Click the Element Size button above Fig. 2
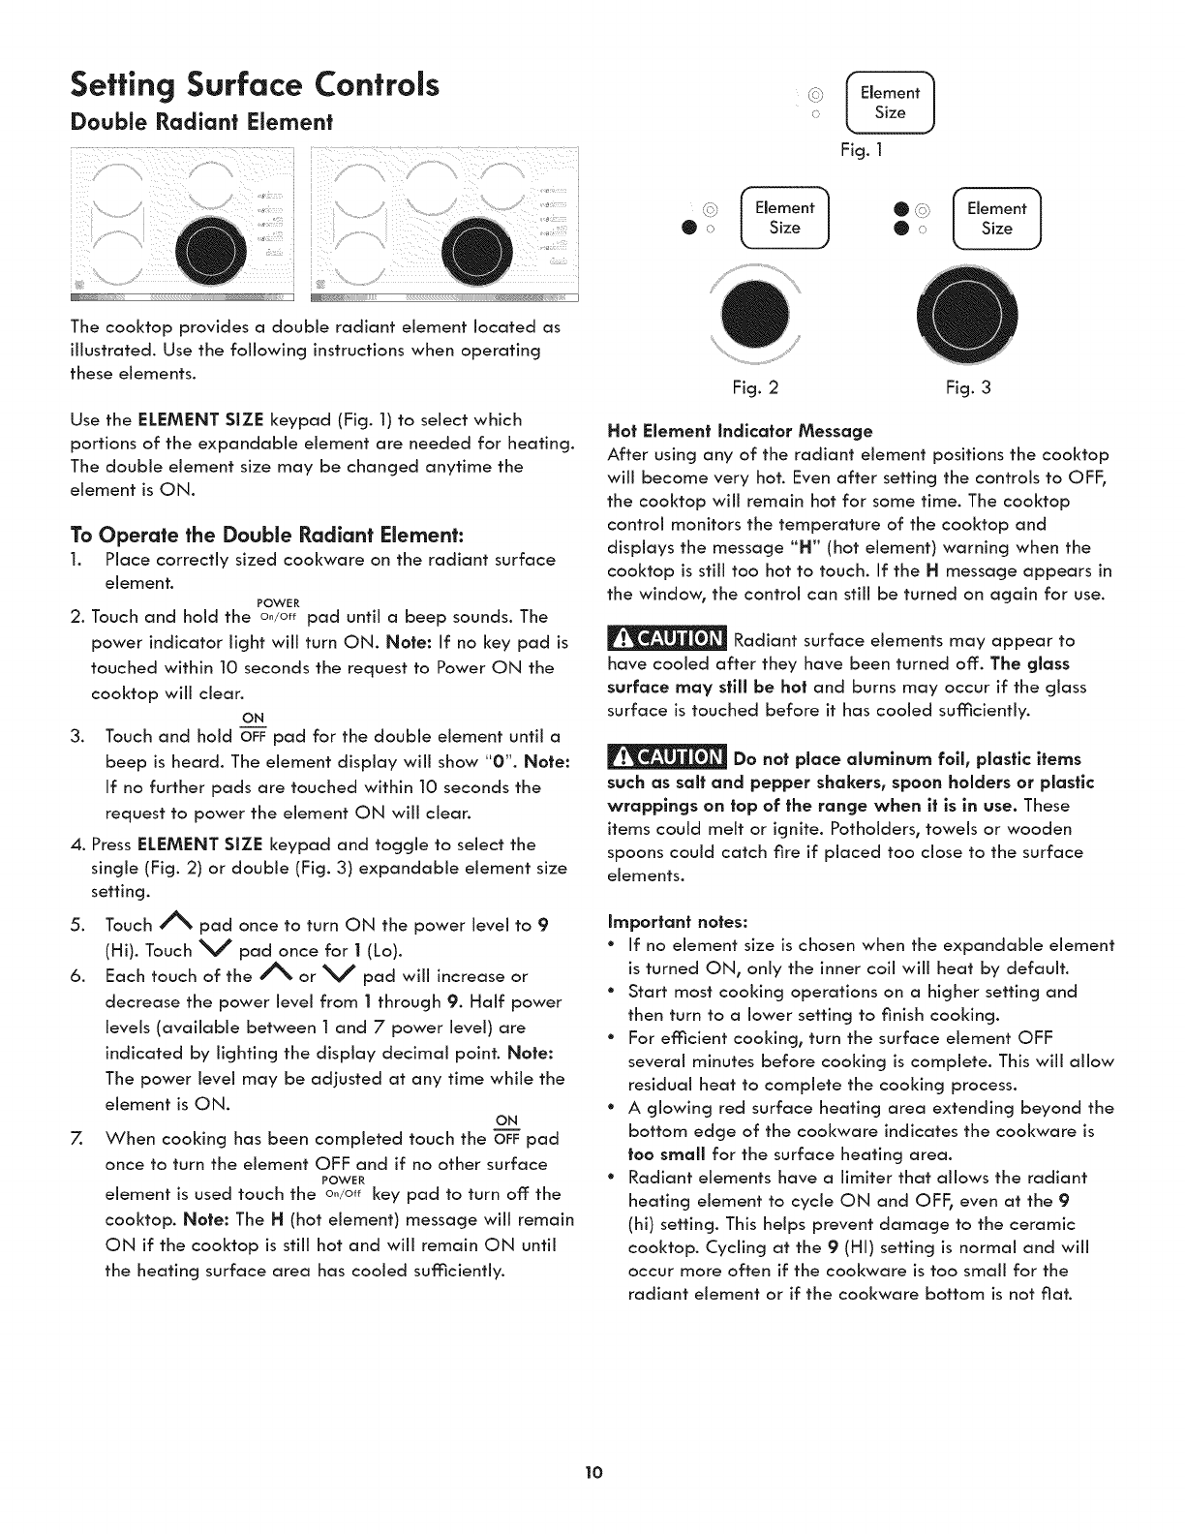pos(784,218)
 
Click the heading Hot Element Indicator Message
pos(740,431)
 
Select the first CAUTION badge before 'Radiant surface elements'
pos(666,640)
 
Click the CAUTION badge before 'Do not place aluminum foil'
pos(666,757)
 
